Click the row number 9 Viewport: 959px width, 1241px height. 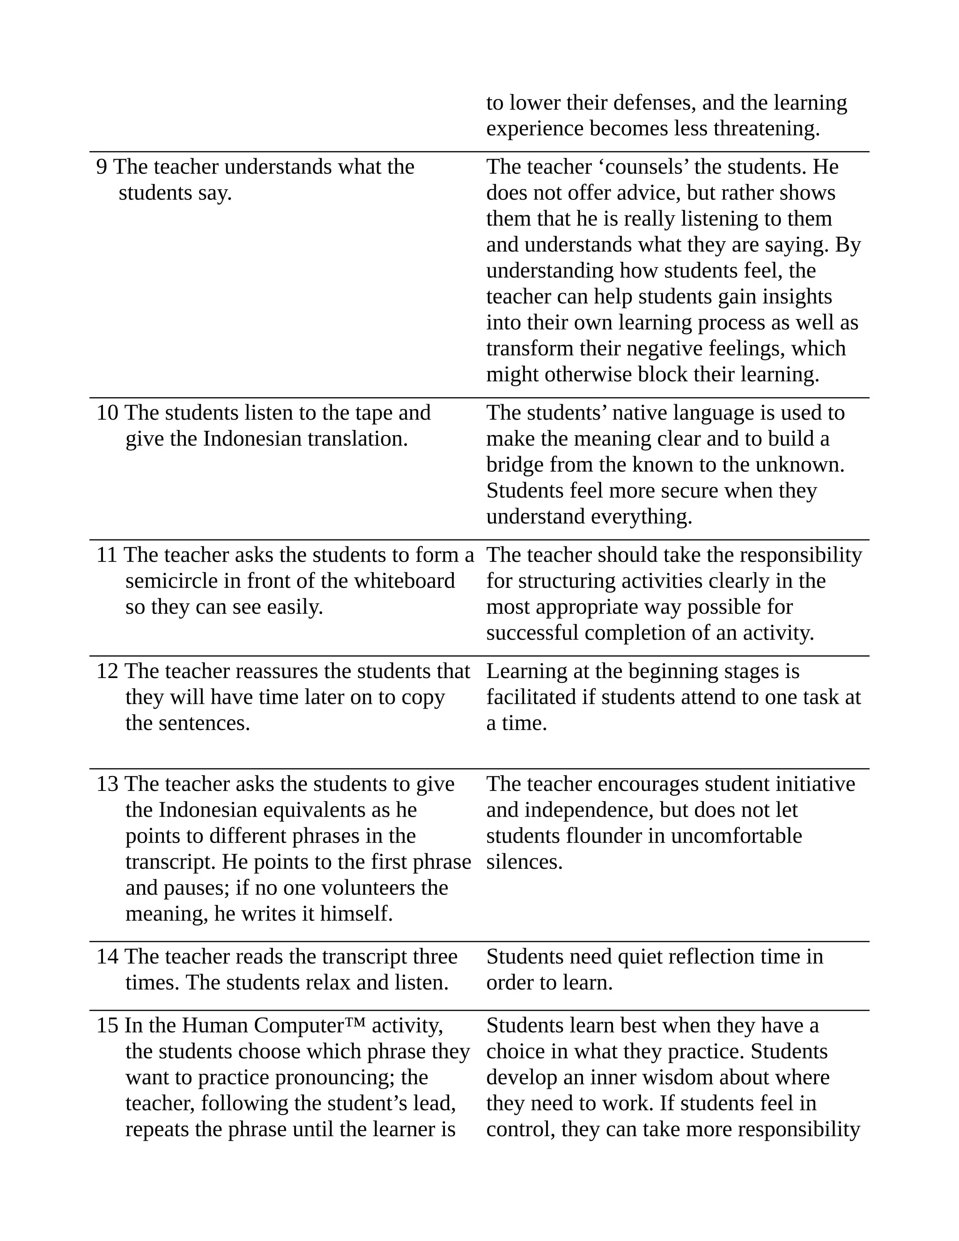[101, 167]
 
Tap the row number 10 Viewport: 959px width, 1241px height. [107, 413]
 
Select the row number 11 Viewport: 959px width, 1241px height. [106, 555]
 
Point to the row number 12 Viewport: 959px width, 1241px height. [107, 672]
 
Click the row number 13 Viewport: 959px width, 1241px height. [107, 784]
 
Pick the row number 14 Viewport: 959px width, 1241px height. [107, 957]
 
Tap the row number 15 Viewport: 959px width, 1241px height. [107, 1026]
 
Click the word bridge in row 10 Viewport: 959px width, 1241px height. [515, 465]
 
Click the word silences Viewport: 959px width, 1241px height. [524, 862]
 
